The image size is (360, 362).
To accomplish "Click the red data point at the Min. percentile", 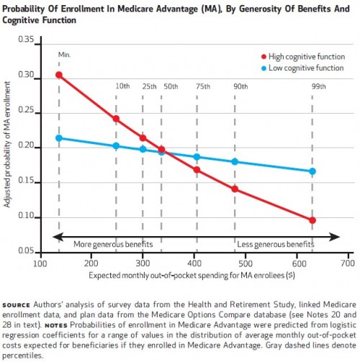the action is coord(59,75).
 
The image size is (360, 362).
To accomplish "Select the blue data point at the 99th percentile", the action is coord(312,171).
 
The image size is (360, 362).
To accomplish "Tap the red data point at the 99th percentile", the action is coord(312,220).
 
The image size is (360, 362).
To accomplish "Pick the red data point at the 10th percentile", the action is coord(116,119).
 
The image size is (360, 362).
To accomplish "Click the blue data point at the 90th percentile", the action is coord(235,162).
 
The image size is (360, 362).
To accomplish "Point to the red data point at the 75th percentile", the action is coord(197,170).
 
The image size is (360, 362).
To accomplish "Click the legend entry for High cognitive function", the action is coord(303,57).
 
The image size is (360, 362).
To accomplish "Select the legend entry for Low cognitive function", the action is coord(302,68).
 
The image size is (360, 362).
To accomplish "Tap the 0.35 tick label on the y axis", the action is coord(26,39).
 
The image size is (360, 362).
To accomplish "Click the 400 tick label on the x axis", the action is coord(194,263).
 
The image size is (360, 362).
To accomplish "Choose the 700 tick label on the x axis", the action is coord(348,263).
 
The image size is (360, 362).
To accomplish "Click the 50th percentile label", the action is coord(171,86).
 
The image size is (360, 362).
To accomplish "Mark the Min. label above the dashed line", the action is coord(64,55).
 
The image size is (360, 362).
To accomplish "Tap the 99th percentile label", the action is coord(319,86).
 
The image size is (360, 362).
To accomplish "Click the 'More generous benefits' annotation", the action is coord(113,244).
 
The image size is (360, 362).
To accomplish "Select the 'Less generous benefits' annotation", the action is coord(276,244).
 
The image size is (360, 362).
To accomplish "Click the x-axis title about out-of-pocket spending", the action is coord(192,275).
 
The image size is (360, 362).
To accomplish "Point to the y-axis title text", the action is coord(6,144).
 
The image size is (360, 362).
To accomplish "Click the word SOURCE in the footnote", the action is coord(17,305).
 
